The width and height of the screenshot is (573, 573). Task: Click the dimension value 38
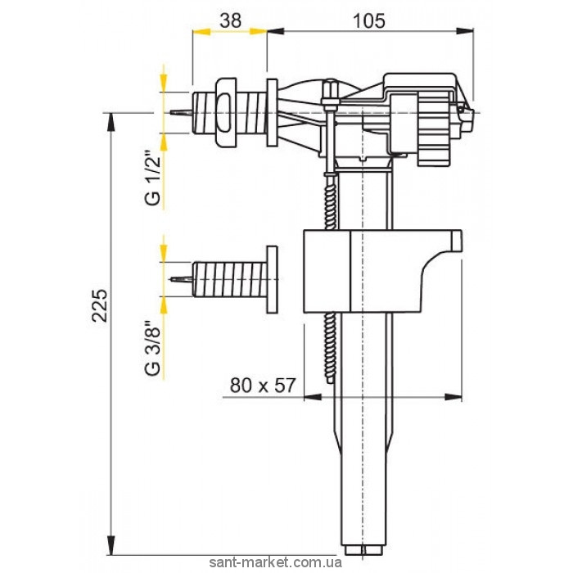pyautogui.click(x=231, y=20)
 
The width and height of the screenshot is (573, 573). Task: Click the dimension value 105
pyautogui.click(x=369, y=20)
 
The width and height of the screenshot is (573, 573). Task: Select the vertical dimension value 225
pyautogui.click(x=100, y=305)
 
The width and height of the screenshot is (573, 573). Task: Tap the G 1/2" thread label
pyautogui.click(x=153, y=178)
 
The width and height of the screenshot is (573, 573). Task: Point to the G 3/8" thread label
pyautogui.click(x=153, y=348)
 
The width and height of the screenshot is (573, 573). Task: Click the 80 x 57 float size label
pyautogui.click(x=262, y=386)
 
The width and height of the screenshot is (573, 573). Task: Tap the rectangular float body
pyautogui.click(x=382, y=271)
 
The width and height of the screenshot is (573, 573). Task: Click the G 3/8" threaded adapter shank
pyautogui.click(x=229, y=279)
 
